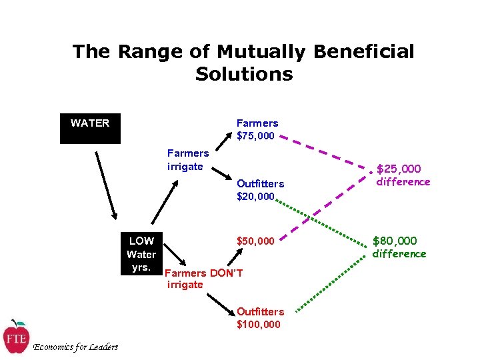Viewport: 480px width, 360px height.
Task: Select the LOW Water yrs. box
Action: point(141,253)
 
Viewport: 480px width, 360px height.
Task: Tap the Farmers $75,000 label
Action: point(257,129)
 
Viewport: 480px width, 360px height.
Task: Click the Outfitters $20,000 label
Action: point(260,189)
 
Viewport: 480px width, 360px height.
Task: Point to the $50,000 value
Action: point(255,241)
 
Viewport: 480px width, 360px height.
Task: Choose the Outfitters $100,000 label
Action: point(260,318)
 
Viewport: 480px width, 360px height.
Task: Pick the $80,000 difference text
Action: point(399,247)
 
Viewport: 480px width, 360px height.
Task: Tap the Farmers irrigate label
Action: point(187,160)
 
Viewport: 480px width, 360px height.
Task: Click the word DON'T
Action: point(226,273)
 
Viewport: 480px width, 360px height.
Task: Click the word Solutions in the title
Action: point(244,73)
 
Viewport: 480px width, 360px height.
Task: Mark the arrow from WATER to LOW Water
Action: point(105,185)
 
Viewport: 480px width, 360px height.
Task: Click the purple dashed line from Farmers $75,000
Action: point(327,156)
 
